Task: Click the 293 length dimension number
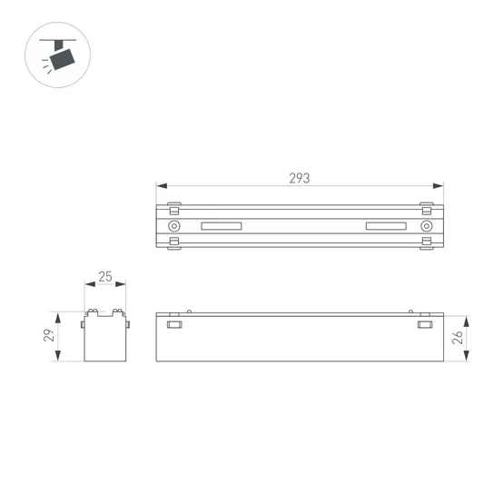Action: (x=300, y=179)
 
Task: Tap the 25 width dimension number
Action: (x=106, y=277)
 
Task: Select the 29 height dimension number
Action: (x=50, y=337)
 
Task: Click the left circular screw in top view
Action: (x=174, y=225)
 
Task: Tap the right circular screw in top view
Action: (x=425, y=225)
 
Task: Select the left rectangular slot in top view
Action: (x=222, y=225)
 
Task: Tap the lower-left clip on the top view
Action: (x=173, y=242)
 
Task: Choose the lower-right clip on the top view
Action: (x=426, y=242)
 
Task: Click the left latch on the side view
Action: (x=173, y=324)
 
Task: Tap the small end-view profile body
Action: (x=105, y=338)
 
